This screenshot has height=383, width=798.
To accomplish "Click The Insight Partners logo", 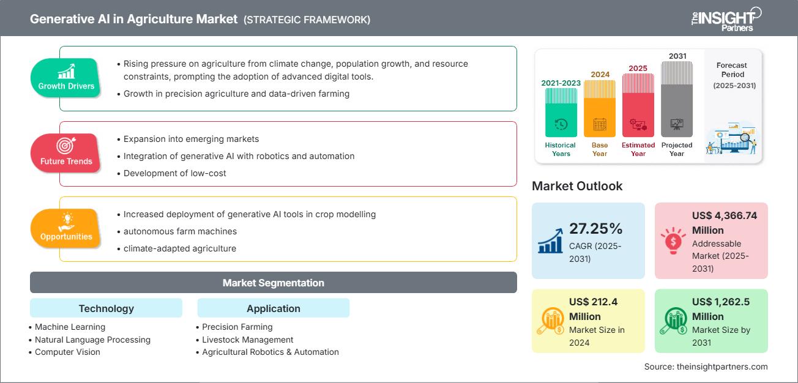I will coord(726,19).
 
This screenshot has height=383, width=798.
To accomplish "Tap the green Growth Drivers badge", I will coord(66,78).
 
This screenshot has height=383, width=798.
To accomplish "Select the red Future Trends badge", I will coord(66,154).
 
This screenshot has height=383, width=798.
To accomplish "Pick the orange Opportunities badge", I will coord(66,229).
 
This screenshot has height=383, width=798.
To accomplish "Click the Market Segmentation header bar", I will coord(273,283).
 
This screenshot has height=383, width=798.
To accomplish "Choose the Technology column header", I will coord(106,308).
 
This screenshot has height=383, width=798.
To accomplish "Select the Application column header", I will coord(273,308).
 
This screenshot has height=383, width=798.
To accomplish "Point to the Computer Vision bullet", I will coord(67,352).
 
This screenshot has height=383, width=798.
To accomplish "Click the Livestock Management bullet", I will coord(247,340).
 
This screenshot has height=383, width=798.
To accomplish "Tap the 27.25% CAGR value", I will coord(595,229).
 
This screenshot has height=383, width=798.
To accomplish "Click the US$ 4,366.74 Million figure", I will coord(725,223).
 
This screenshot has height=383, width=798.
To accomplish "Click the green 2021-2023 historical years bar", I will coord(561,113).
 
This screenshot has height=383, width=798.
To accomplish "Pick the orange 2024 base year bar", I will coord(600,108).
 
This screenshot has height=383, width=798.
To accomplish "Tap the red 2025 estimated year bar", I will coord(638,105).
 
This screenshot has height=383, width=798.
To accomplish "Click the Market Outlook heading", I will coord(577,186).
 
